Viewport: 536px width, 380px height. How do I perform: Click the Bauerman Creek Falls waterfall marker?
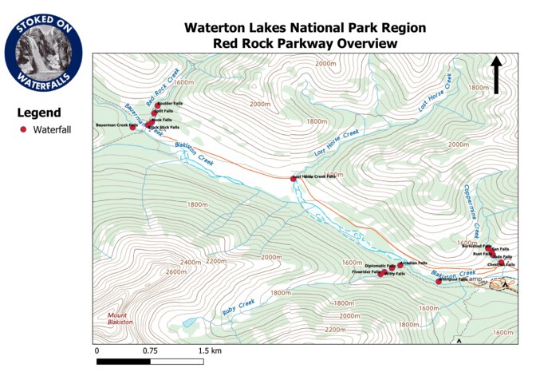click(133, 126)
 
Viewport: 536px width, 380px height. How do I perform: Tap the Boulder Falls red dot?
click(157, 105)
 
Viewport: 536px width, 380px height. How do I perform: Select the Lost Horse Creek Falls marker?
click(294, 178)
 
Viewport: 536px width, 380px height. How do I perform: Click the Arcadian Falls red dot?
click(400, 264)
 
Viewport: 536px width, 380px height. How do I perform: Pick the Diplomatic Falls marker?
click(392, 267)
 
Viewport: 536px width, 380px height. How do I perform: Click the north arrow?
click(495, 74)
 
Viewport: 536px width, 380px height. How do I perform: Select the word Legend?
click(39, 113)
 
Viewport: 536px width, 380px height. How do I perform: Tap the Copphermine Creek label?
click(471, 208)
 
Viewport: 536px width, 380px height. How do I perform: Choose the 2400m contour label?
click(191, 262)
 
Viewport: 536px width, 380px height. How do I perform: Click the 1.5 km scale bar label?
click(210, 350)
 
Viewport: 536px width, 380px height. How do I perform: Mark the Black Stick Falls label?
click(166, 127)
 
